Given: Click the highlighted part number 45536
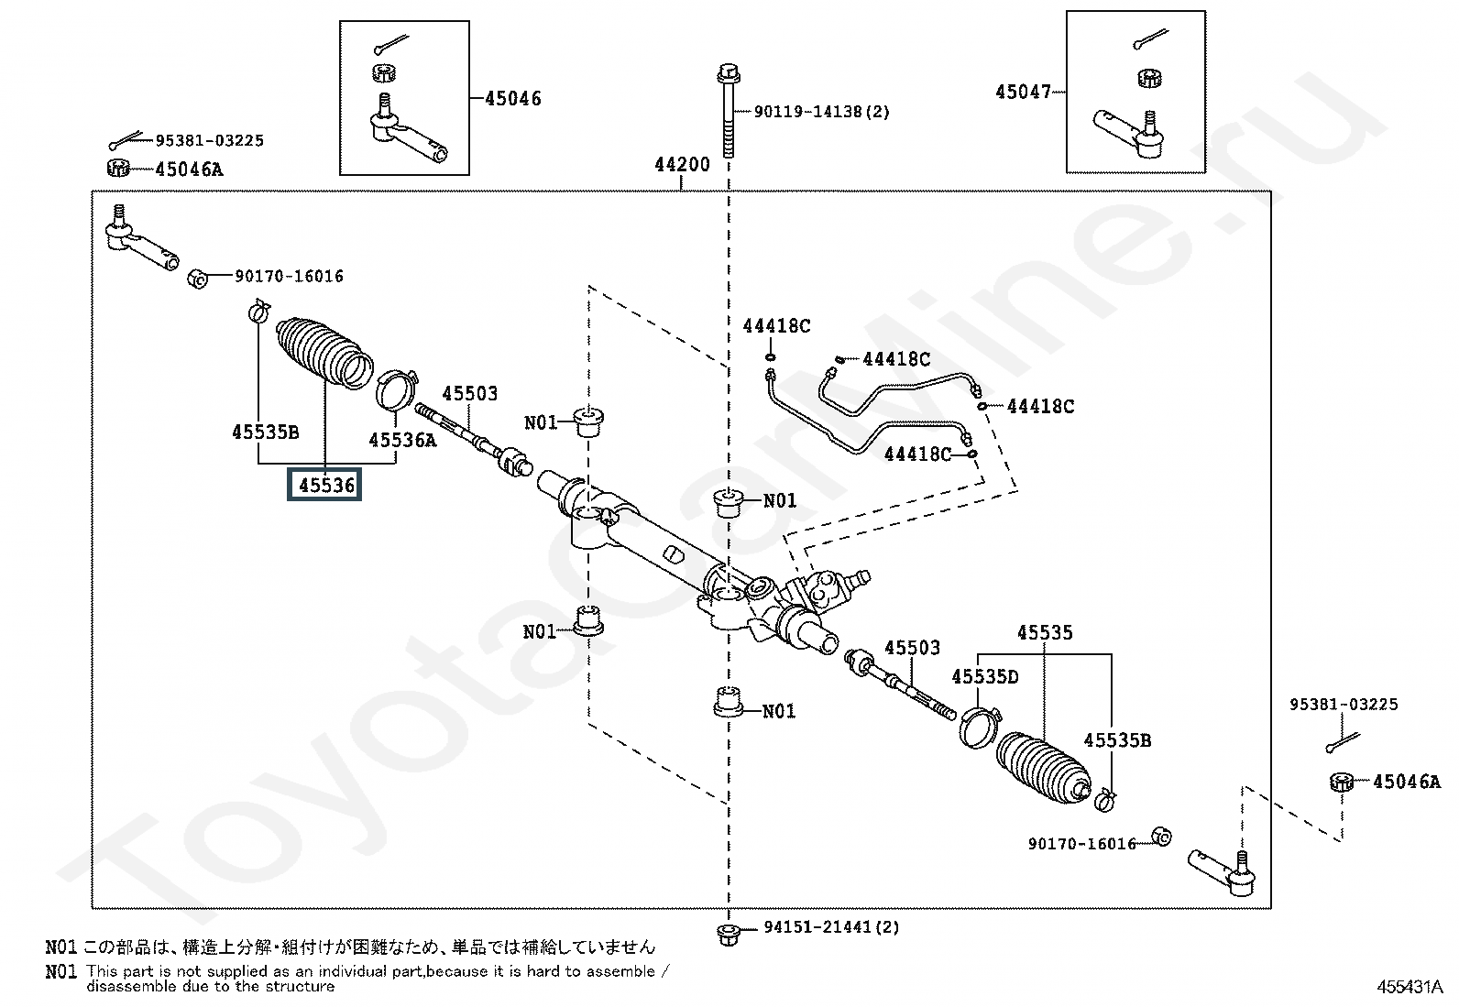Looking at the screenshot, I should pyautogui.click(x=326, y=484).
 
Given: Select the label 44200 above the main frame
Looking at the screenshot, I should pyautogui.click(x=682, y=165).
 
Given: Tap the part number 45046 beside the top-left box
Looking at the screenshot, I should pyautogui.click(x=512, y=98).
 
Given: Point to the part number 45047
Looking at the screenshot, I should pyautogui.click(x=1024, y=92).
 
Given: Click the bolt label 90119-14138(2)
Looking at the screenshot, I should pyautogui.click(x=821, y=112).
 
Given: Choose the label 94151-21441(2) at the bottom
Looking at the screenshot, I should pyautogui.click(x=831, y=927).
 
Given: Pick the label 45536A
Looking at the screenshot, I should pyautogui.click(x=402, y=440).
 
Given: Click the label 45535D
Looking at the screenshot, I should pyautogui.click(x=984, y=677).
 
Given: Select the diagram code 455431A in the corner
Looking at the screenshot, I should pyautogui.click(x=1410, y=988).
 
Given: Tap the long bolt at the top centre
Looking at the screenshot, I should pyautogui.click(x=729, y=110).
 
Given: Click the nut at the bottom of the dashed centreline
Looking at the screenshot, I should pyautogui.click(x=728, y=934).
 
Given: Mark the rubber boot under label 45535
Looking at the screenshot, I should pyautogui.click(x=1042, y=769).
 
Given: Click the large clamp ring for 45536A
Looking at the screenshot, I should pyautogui.click(x=397, y=389).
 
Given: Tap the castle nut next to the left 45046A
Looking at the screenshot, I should pyautogui.click(x=116, y=168).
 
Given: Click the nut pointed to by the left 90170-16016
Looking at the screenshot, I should pyautogui.click(x=196, y=278).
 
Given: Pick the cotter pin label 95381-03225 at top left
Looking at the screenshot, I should pyautogui.click(x=209, y=140).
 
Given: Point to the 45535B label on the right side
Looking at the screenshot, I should pyautogui.click(x=1117, y=740).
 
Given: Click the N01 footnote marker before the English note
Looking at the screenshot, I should pyautogui.click(x=60, y=971).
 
